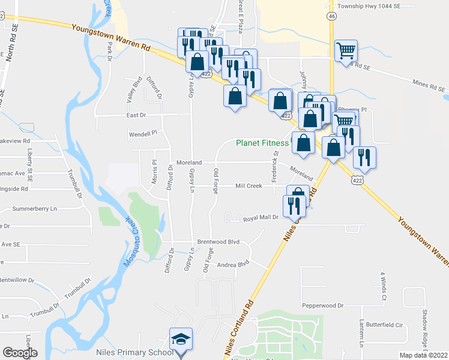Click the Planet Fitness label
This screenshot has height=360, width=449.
tap(262, 143)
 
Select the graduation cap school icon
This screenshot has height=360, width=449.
tap(181, 340)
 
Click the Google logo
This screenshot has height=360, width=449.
tap(20, 353)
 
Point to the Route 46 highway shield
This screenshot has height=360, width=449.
tap(331, 17)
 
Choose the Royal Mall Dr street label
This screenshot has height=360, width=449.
tap(261, 218)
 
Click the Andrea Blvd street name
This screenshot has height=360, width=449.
tap(233, 264)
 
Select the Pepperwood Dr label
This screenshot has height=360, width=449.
tap(322, 305)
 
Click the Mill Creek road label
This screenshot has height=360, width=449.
tap(249, 186)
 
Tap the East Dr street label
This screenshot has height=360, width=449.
tap(136, 115)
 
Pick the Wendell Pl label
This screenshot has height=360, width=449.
tap(142, 133)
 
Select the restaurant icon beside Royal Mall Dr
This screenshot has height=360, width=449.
tap(294, 206)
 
